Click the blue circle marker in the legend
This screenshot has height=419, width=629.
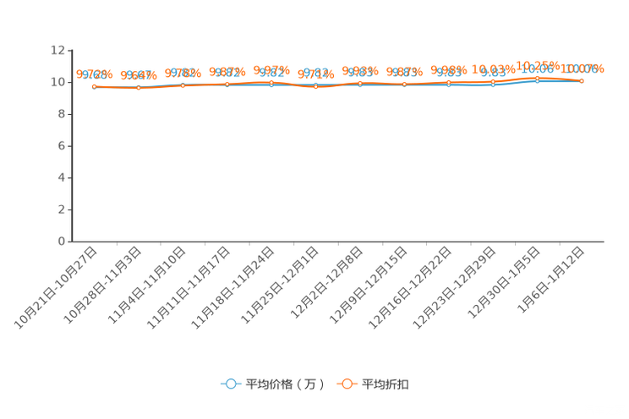coord(230,384)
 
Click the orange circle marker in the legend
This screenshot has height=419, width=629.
coord(347,384)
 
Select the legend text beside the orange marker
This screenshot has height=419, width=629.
coord(386,384)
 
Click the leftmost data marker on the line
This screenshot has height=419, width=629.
coord(95,86)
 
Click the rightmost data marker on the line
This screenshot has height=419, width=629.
coord(582,81)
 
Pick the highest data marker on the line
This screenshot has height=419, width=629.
coord(537,79)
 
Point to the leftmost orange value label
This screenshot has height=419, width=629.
coord(95,74)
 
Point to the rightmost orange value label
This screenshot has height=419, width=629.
coord(583,68)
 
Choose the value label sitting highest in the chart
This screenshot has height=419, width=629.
coord(536,66)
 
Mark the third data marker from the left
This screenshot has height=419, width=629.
coord(183,84)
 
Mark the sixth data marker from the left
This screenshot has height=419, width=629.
coord(316,85)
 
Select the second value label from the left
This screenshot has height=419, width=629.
coord(139,75)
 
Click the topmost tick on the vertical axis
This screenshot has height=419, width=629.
coord(68,51)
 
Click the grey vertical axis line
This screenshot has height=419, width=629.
coord(68,152)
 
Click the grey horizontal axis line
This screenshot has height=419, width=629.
coord(338,242)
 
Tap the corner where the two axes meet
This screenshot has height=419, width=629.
coord(68,242)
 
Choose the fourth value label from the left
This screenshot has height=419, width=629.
coord(227,73)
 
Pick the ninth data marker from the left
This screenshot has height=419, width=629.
coord(449,83)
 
